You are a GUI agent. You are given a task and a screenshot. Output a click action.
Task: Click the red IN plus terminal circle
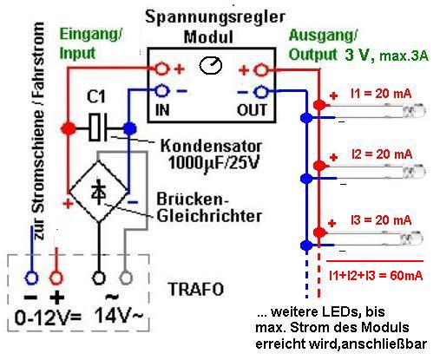[x=161, y=69]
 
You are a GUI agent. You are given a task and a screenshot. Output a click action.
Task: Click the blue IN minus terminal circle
[x=161, y=91]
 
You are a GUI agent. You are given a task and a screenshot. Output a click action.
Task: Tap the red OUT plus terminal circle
[x=261, y=70]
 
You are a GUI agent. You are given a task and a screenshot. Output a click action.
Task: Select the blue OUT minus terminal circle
[x=261, y=92]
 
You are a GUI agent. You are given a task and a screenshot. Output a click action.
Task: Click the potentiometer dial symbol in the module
[x=211, y=65]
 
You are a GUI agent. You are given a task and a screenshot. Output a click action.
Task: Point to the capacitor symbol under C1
[x=98, y=128]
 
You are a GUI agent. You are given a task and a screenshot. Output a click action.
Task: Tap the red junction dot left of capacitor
[x=69, y=128]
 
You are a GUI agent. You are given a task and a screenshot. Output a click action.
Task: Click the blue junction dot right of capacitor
[x=129, y=128]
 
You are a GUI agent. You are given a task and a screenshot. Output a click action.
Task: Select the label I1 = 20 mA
[x=381, y=94]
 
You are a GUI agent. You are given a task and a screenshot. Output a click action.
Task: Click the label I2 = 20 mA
[x=382, y=154]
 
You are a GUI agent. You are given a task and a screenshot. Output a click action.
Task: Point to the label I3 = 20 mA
[x=381, y=220]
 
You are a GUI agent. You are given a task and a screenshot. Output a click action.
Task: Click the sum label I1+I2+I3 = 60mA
[x=376, y=275]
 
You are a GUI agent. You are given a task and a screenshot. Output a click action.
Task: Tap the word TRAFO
[x=196, y=289]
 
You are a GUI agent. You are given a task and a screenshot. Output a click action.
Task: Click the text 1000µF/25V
[x=213, y=163]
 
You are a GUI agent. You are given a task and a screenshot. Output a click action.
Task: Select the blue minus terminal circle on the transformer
[x=31, y=278]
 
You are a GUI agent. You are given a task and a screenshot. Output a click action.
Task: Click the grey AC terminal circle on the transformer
[x=126, y=278]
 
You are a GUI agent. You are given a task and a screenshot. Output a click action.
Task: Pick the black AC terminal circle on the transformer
[x=99, y=278]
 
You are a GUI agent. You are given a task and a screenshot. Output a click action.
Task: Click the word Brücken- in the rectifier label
[x=193, y=199]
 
